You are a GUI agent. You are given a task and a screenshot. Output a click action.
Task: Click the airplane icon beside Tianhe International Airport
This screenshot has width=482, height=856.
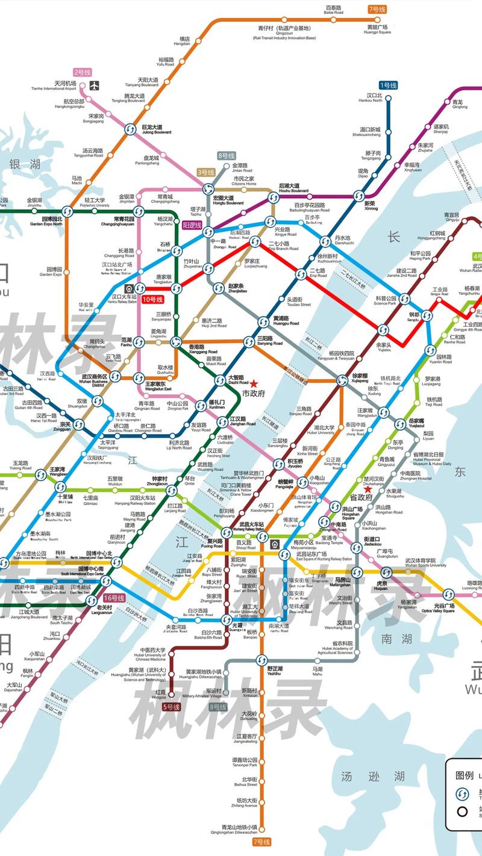point(94,86)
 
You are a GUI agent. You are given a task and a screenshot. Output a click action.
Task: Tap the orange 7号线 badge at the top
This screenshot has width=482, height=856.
point(377,9)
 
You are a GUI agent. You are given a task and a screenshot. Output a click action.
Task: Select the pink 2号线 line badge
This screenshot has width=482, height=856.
point(82,72)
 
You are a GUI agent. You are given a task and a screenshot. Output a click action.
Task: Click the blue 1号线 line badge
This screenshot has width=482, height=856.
point(388,86)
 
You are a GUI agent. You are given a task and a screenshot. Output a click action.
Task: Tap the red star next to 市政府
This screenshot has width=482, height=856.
point(254,383)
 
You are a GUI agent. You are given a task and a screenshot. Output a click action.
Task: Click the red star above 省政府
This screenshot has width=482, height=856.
point(368,490)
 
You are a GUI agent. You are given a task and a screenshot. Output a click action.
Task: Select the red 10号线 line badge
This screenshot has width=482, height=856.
point(152,299)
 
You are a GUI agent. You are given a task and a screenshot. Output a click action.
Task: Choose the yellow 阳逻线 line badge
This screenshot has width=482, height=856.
point(192,225)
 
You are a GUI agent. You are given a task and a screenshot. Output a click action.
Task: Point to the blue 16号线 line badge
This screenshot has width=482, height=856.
point(113,598)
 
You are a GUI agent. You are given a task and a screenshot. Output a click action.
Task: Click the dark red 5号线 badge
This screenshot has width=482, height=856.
point(171,707)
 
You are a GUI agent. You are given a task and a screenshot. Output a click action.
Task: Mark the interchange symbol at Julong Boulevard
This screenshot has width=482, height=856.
point(130,129)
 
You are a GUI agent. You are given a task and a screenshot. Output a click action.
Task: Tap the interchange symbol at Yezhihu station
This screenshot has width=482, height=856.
point(261,660)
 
